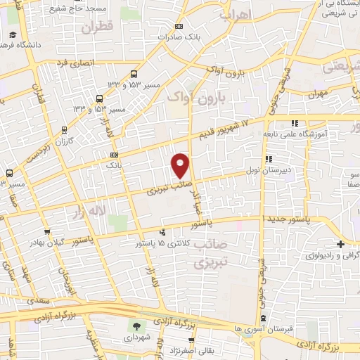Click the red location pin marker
pos(181,165)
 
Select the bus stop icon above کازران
pos(65,129)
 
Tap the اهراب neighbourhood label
pos(235,13)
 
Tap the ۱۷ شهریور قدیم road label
pos(226,125)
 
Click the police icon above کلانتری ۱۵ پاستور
pos(163,231)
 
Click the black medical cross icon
pos(340,245)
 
